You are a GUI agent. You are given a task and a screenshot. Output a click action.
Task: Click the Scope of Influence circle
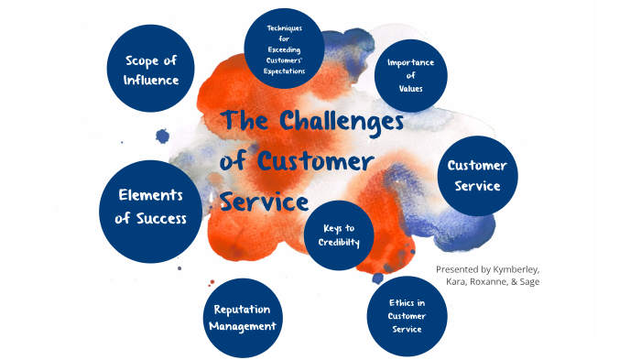pos(151,70)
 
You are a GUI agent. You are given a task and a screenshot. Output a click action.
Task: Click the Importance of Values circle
pos(411,74)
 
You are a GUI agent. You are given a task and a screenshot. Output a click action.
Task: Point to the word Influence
pos(151,80)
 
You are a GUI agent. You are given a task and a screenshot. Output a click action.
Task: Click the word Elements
pos(151,195)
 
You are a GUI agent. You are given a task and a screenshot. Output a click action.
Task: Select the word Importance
pos(411,63)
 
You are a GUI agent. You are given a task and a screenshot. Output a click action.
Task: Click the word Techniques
pos(284,28)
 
